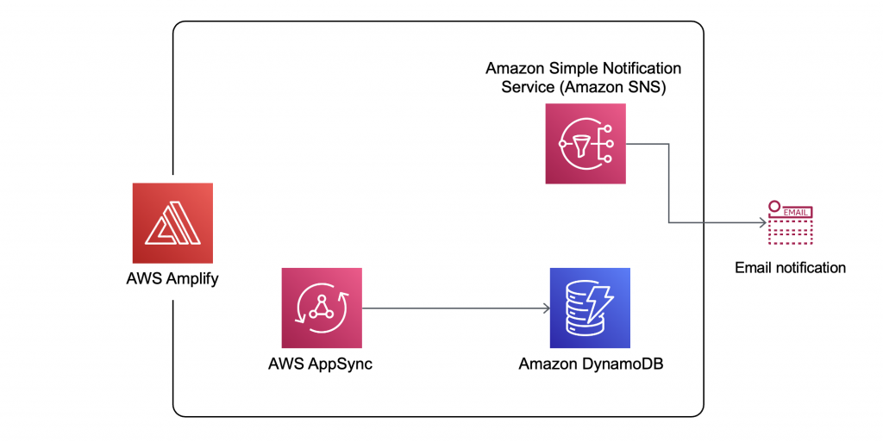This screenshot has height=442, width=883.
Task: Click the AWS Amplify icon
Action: pyautogui.click(x=172, y=222)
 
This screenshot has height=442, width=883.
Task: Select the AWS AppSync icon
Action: pyautogui.click(x=322, y=308)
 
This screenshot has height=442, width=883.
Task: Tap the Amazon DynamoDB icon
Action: pyautogui.click(x=590, y=308)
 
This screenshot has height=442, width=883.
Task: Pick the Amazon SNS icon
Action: pyautogui.click(x=586, y=143)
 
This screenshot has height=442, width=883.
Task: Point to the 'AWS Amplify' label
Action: pyautogui.click(x=173, y=279)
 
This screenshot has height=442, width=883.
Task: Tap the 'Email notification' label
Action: pyautogui.click(x=790, y=268)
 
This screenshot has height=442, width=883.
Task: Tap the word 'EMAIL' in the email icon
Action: pyautogui.click(x=795, y=210)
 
